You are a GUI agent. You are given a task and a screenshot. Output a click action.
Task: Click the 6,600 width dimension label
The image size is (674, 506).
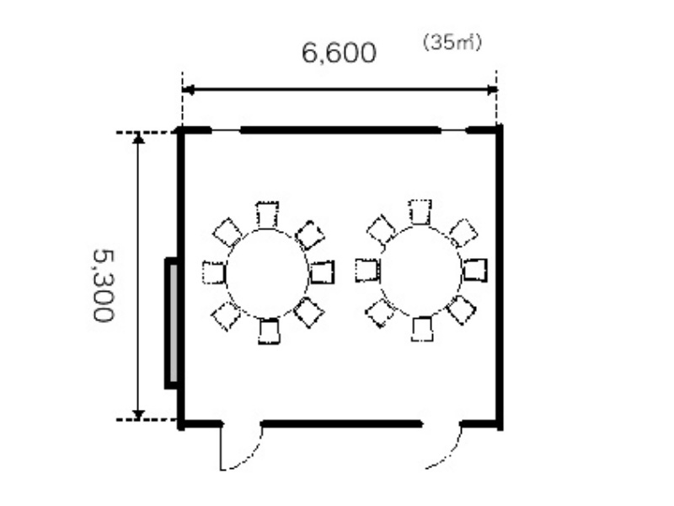click(339, 53)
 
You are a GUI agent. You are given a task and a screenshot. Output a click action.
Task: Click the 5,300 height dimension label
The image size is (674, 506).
click(104, 285)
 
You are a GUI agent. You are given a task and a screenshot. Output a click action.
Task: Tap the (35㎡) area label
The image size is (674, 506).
click(452, 43)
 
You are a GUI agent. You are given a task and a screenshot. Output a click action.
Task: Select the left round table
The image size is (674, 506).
click(267, 273)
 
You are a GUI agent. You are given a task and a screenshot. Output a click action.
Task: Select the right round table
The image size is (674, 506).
click(420, 271)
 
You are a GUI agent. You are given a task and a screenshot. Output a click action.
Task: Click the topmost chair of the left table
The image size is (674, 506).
click(267, 214)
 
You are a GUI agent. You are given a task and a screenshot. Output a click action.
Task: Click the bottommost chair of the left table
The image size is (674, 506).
click(269, 331)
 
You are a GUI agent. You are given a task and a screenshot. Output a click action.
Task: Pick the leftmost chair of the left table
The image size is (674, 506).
click(214, 272)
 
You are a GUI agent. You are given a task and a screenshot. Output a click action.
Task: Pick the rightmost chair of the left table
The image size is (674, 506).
click(322, 272)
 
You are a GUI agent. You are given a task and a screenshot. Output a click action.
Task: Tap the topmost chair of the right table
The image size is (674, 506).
click(420, 212)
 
